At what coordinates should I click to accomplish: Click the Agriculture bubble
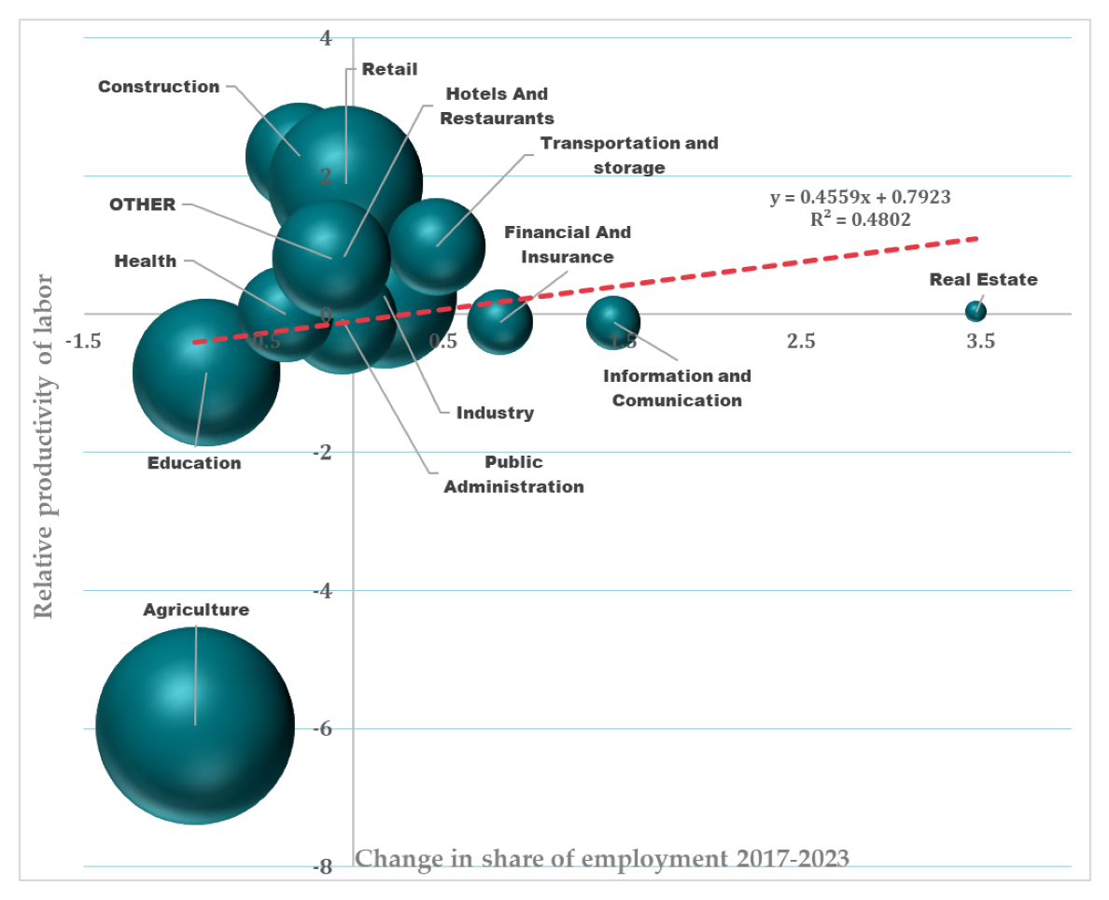click(195, 725)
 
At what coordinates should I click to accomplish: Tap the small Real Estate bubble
click(976, 311)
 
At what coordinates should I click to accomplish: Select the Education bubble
click(205, 372)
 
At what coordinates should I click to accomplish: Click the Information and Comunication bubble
click(613, 323)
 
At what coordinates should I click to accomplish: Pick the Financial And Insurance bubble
click(500, 322)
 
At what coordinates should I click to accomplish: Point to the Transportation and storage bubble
click(437, 246)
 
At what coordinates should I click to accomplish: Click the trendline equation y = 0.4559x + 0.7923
click(860, 198)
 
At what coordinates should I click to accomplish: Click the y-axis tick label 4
click(325, 38)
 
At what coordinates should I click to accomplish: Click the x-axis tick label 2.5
click(800, 342)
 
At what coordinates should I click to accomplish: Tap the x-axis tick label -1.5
click(82, 342)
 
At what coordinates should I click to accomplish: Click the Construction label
click(159, 87)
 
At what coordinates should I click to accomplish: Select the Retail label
click(389, 68)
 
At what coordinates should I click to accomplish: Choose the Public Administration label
click(513, 474)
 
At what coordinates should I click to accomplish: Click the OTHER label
click(143, 204)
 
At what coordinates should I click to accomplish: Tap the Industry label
click(495, 413)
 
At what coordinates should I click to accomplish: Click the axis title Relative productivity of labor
click(43, 447)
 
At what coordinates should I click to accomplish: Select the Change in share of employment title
click(603, 858)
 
